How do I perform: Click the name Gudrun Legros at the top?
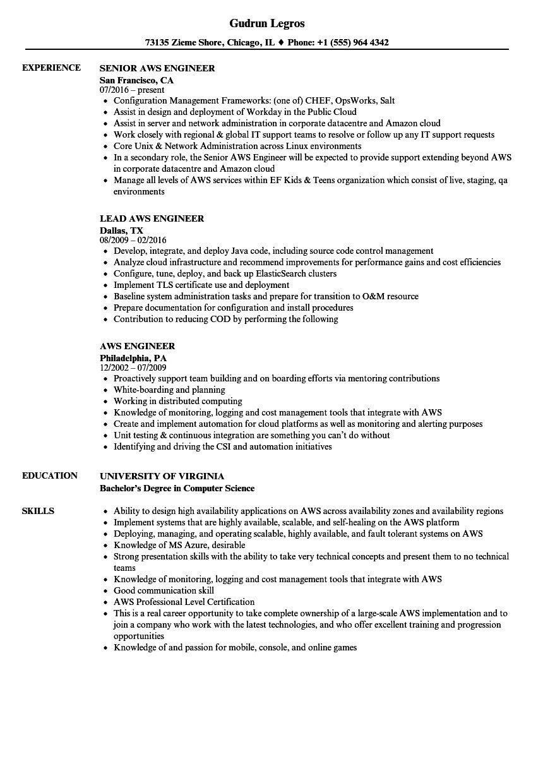266,23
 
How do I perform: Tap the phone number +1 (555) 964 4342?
352,43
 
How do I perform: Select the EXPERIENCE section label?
51,68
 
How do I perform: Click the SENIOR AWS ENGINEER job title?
157,68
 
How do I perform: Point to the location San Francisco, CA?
136,80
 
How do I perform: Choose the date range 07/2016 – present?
132,90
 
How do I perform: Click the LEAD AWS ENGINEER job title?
152,218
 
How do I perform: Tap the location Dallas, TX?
121,230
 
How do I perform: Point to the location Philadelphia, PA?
133,358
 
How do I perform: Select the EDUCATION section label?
50,475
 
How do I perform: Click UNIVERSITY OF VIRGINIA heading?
162,476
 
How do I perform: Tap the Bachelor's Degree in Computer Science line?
177,488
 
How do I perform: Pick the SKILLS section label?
38,511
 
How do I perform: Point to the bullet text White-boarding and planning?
169,390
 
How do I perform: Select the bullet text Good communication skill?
164,590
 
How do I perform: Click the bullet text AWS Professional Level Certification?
184,602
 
